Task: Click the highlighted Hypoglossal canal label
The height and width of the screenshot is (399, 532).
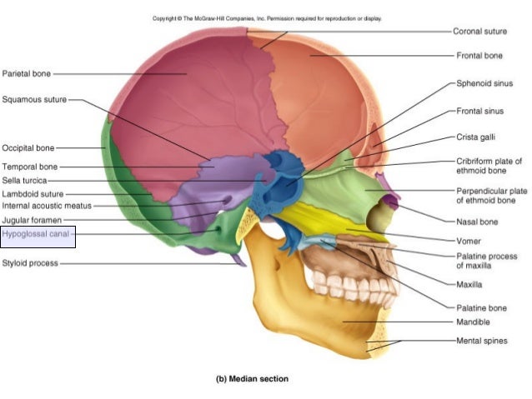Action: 36,235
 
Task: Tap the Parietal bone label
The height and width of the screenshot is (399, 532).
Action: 27,73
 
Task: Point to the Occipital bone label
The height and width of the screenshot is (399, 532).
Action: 28,147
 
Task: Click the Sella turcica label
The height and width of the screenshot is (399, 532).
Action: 24,180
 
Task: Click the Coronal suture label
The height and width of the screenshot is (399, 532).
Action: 479,31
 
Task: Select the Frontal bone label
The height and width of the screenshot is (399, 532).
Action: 479,56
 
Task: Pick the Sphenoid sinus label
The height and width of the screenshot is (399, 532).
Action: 484,84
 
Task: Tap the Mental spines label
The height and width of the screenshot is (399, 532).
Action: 481,340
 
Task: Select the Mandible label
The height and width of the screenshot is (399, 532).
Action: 473,322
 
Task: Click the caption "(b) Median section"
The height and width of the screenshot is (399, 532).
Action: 253,379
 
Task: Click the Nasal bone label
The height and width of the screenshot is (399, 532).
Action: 478,222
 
